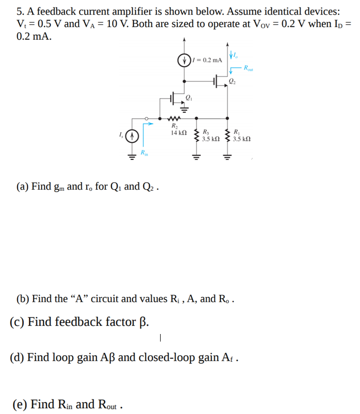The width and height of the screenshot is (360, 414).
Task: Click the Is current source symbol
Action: click(x=131, y=136)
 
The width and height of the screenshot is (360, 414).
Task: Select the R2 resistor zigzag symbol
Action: click(x=174, y=120)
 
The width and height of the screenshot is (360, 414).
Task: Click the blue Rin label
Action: click(x=145, y=152)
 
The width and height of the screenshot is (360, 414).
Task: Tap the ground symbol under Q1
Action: click(x=185, y=107)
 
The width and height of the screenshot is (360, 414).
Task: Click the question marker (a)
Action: click(x=22, y=187)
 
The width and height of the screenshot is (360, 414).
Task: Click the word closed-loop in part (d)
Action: click(x=166, y=358)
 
